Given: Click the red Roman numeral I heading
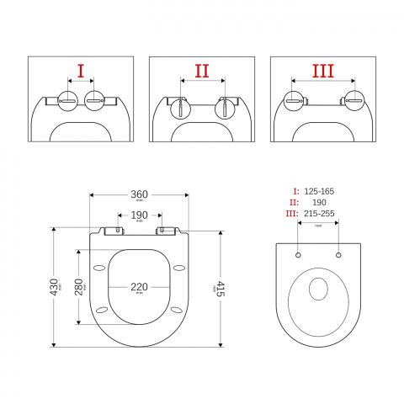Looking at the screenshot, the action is coord(81,71).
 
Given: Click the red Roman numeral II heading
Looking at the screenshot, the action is coord(202,71).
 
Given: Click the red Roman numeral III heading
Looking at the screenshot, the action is coord(323,71).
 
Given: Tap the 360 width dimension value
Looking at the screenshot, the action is coord(139,194).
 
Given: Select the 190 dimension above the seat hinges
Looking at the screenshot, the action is coord(139,215).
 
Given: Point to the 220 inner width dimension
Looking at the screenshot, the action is coord(139,287).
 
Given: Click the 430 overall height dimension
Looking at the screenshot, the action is coord(54,287).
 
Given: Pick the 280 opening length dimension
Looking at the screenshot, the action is coord(80,287).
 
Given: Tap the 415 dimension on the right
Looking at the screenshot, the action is coord(221,289).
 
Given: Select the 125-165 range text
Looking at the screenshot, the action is coord(319,191).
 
